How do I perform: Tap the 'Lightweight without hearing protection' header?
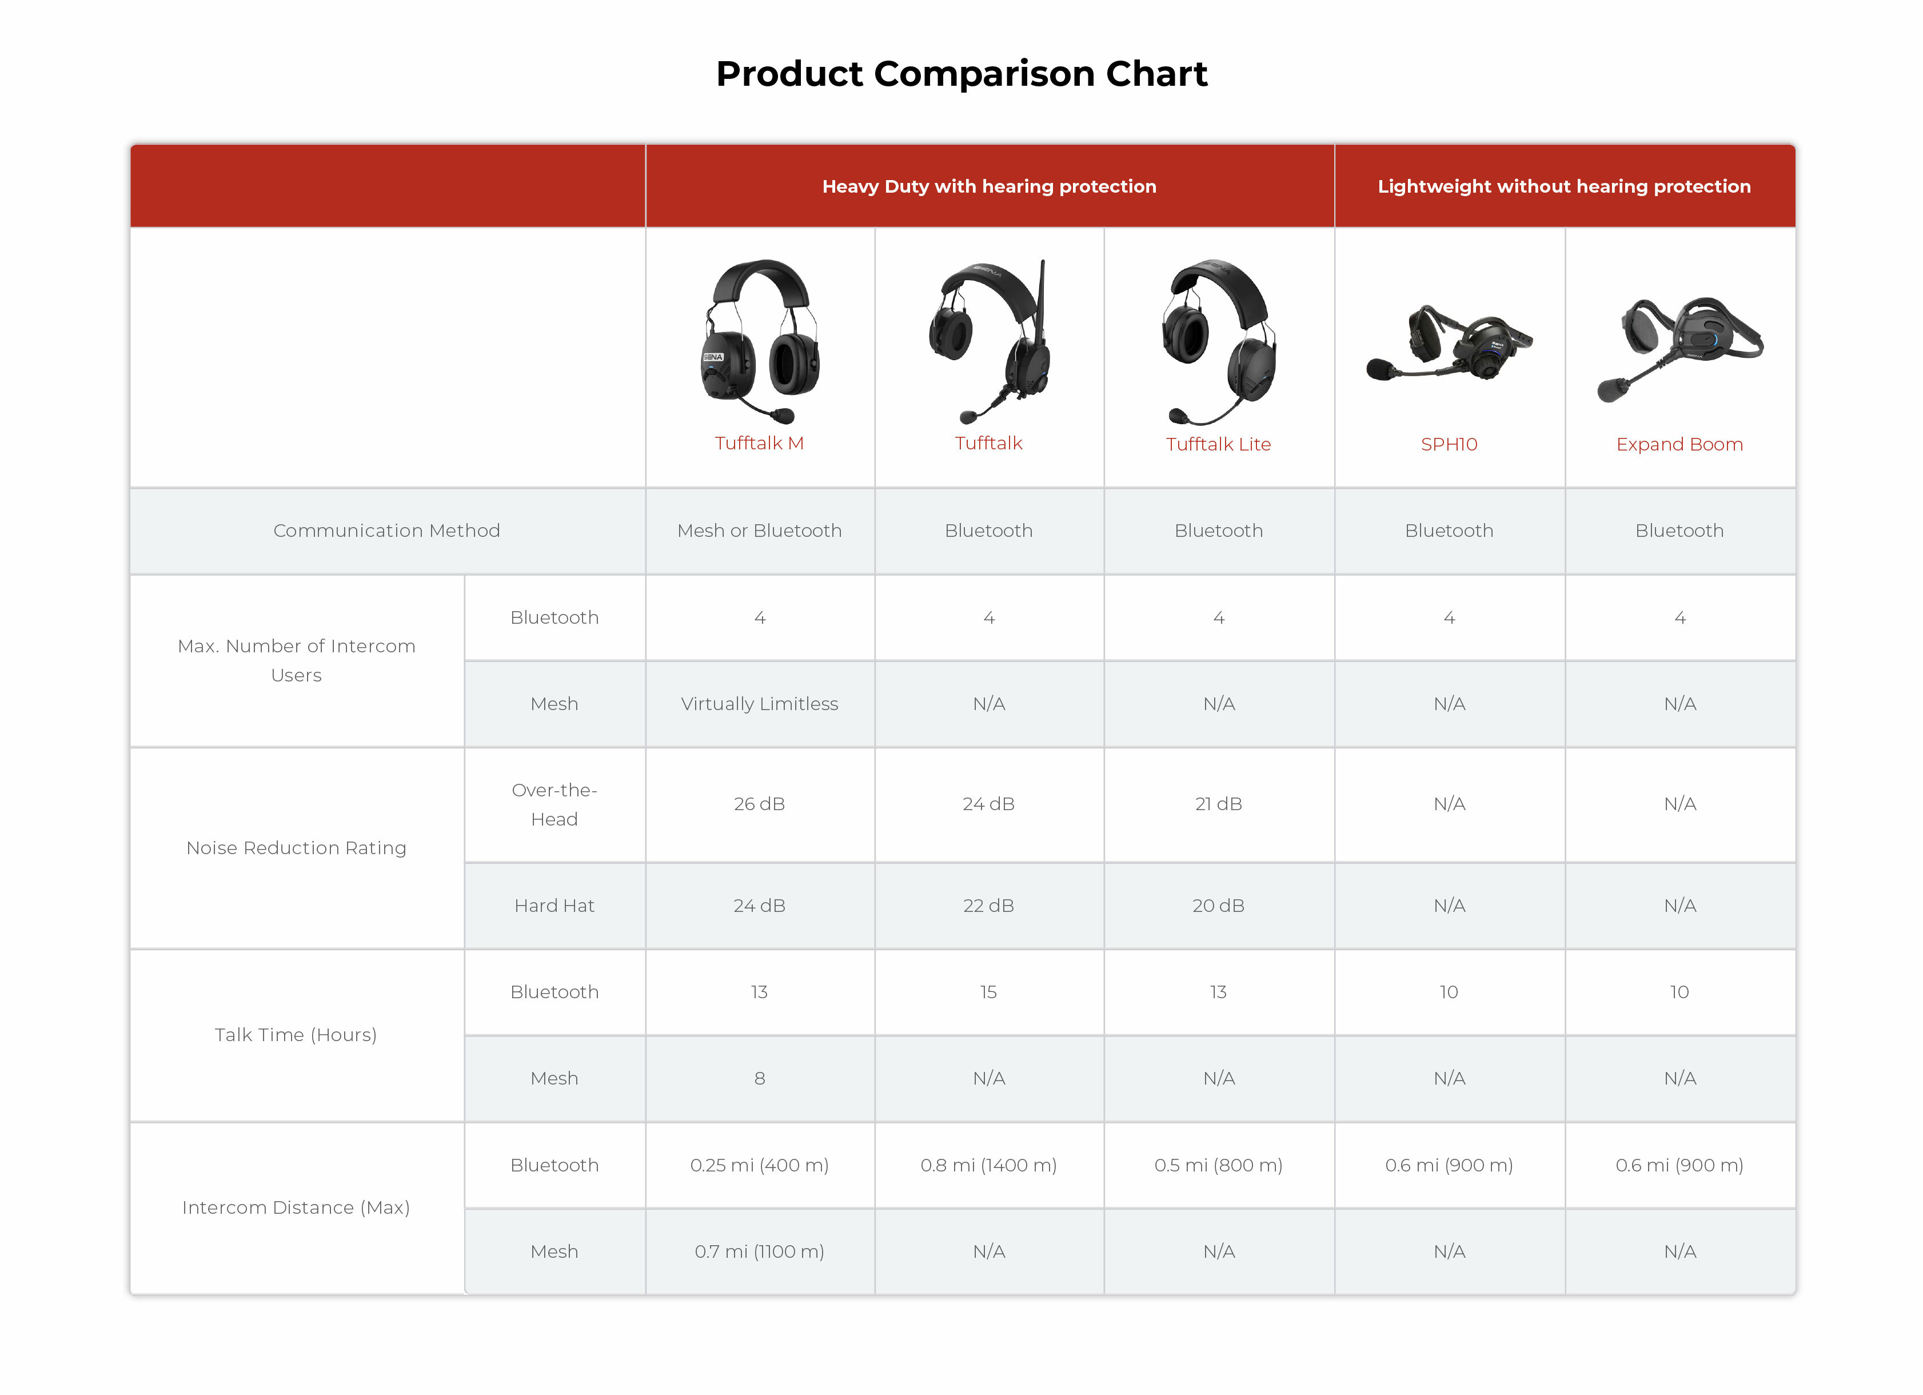point(1565,186)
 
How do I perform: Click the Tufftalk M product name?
point(759,444)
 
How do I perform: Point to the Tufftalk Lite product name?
point(1218,444)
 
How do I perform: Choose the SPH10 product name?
point(1449,444)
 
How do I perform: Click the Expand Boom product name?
point(1679,444)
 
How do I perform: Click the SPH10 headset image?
point(1449,344)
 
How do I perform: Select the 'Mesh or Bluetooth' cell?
point(759,531)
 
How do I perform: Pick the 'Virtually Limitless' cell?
point(759,704)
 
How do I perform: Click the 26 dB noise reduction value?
point(759,804)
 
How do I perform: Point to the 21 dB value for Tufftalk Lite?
point(1218,804)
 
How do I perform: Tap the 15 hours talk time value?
point(988,992)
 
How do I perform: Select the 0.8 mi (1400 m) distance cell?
point(988,1165)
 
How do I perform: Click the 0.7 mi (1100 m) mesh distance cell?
point(759,1251)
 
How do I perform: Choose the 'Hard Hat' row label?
point(554,906)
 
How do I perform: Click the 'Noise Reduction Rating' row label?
point(296,848)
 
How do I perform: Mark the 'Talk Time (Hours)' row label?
point(296,1035)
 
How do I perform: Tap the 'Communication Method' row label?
point(386,531)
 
